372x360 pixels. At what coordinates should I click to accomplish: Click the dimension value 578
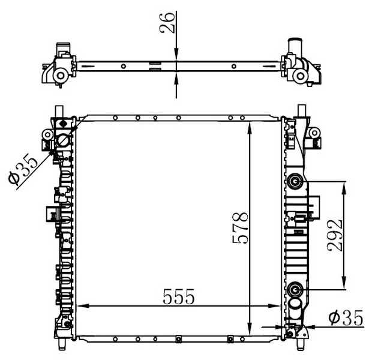tap(241, 228)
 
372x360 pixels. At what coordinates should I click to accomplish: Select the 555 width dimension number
tap(179, 296)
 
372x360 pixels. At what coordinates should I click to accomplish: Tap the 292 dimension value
tap(335, 235)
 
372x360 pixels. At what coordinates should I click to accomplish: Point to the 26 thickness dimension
tap(167, 22)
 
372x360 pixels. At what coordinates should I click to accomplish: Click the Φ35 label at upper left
tap(23, 169)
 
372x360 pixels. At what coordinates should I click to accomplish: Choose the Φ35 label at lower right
tap(346, 318)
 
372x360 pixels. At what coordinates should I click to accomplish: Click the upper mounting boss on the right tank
tap(295, 182)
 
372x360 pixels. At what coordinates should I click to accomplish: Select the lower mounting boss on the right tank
tap(295, 289)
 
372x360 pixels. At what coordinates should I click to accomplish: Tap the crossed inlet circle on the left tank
tap(64, 141)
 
